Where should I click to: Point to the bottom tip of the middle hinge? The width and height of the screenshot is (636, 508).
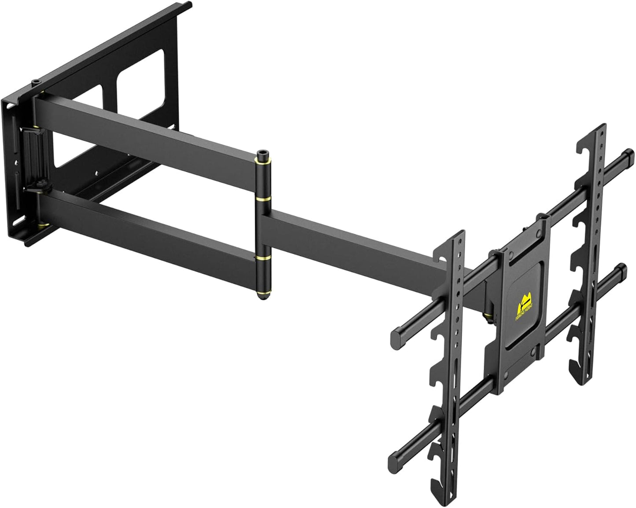pyautogui.click(x=263, y=297)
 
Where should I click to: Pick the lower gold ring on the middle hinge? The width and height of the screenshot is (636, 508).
pyautogui.click(x=263, y=257)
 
